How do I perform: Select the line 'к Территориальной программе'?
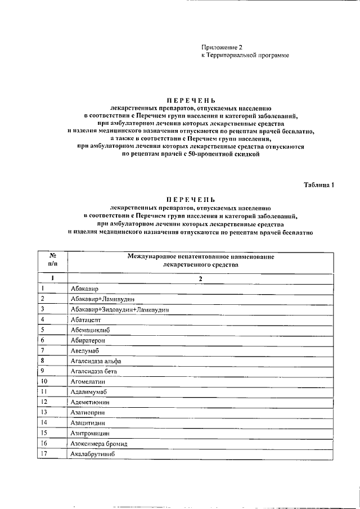(245, 57)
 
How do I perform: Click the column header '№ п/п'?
(52, 259)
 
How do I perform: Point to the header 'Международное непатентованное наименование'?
(200, 256)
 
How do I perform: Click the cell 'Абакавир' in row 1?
(85, 289)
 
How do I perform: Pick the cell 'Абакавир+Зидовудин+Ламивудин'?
(120, 309)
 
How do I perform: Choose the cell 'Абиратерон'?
(88, 340)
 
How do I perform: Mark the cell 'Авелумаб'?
(85, 350)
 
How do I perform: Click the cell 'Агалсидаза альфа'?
(96, 361)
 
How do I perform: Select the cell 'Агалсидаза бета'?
(94, 371)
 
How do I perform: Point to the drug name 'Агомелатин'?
(88, 381)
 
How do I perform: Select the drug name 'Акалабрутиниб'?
(92, 454)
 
